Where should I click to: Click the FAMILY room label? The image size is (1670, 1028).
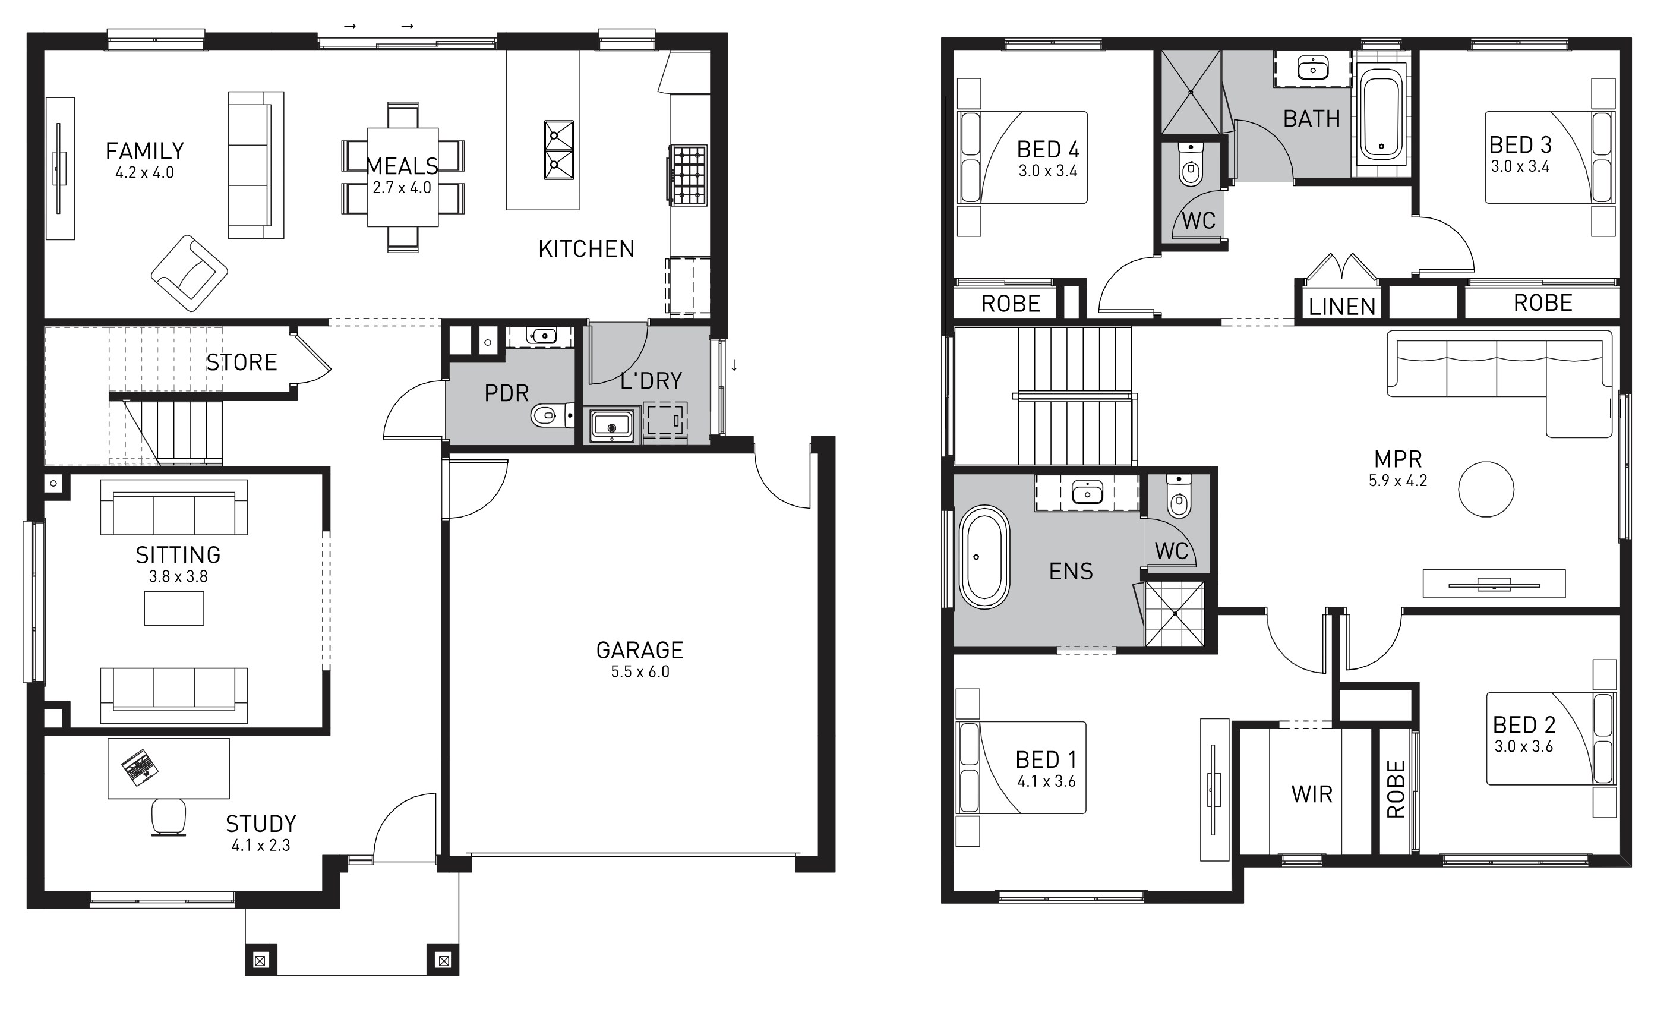click(x=145, y=151)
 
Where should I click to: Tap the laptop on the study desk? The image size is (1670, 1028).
click(x=140, y=768)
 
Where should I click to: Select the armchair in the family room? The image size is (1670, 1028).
click(x=189, y=273)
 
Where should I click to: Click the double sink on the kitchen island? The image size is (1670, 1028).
click(x=558, y=150)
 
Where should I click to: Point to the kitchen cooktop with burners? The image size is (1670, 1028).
click(x=689, y=175)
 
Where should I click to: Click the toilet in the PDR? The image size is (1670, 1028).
click(x=552, y=415)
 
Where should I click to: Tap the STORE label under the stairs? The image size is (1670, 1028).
click(x=242, y=362)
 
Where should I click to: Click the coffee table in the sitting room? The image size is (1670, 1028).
click(x=174, y=608)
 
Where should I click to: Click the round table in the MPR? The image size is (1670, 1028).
click(x=1486, y=489)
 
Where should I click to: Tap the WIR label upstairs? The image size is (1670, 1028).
click(x=1312, y=794)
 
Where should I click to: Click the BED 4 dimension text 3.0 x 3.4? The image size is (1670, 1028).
click(x=1047, y=171)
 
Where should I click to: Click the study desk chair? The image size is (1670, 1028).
click(x=168, y=816)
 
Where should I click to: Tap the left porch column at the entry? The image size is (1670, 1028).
click(x=261, y=961)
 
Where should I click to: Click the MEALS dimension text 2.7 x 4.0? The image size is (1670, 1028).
click(x=402, y=188)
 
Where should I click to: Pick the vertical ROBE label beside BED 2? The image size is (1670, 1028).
click(x=1396, y=789)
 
